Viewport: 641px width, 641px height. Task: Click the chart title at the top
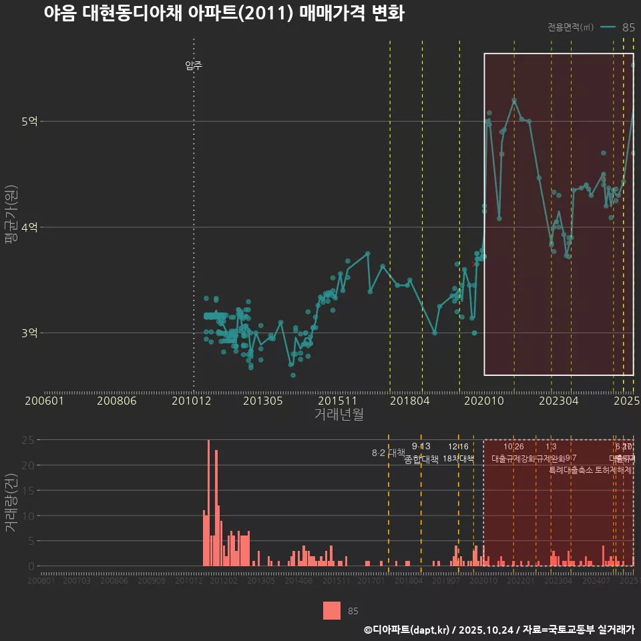(x=224, y=14)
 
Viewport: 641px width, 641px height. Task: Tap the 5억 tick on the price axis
(x=29, y=122)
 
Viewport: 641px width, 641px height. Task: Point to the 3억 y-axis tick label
(x=29, y=333)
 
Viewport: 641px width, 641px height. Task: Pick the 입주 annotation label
(x=194, y=65)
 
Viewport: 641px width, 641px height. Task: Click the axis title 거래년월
(x=339, y=415)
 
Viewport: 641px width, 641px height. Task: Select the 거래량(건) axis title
(x=11, y=503)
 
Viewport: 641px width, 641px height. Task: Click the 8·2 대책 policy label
(x=389, y=453)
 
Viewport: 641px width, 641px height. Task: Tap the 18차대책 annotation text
(x=458, y=459)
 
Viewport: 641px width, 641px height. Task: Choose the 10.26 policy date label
(x=513, y=447)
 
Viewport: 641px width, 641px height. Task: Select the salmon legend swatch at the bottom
(x=332, y=610)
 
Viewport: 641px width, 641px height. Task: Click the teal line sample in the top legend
(x=608, y=27)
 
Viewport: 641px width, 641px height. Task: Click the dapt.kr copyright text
(x=499, y=629)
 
